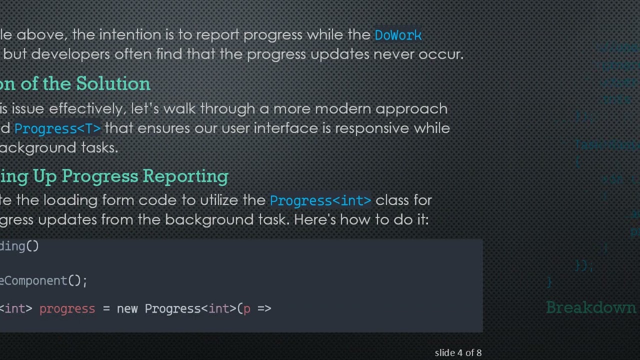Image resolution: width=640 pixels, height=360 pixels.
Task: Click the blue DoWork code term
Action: pos(398,35)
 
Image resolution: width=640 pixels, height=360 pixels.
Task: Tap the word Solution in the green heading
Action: pos(113,83)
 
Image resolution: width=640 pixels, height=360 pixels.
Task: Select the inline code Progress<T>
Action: pos(57,128)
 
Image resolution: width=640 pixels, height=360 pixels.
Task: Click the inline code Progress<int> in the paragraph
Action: pos(320,200)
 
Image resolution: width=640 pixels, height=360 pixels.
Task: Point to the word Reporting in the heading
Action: pos(185,176)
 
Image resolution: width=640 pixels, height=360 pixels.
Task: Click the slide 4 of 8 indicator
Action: pos(458,353)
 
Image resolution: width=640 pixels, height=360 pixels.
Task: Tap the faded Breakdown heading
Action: pos(590,307)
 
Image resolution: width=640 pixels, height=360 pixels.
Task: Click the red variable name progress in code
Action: pos(67,308)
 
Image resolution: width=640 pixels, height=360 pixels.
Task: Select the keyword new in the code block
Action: pos(127,308)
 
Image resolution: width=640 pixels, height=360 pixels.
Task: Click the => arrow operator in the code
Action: pos(264,308)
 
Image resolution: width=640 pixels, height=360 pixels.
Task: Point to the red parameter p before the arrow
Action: pos(246,309)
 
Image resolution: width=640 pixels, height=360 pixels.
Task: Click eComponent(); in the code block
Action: pos(43,280)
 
